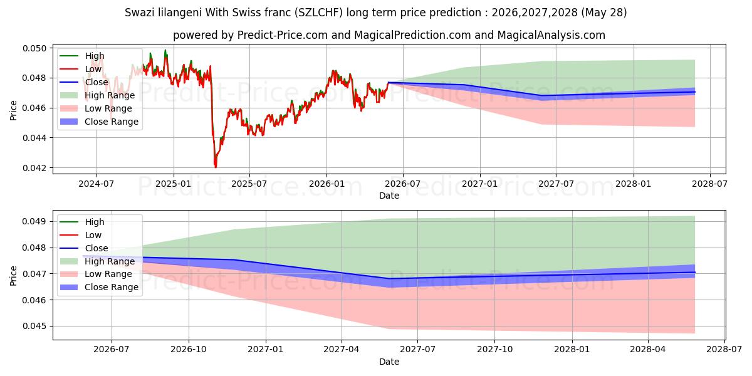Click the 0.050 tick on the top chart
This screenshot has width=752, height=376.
pyautogui.click(x=34, y=48)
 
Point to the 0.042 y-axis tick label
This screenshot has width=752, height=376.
pyautogui.click(x=34, y=168)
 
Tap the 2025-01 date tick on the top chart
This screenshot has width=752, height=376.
pyautogui.click(x=173, y=184)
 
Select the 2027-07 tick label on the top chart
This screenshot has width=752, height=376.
pyautogui.click(x=556, y=184)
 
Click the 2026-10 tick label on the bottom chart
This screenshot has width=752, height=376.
pyautogui.click(x=189, y=349)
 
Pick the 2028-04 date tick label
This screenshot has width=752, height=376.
pyautogui.click(x=647, y=349)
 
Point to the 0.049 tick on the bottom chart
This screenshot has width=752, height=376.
pyautogui.click(x=34, y=222)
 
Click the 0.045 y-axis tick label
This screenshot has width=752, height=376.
pyautogui.click(x=34, y=326)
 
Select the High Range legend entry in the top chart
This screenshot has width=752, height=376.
pyautogui.click(x=97, y=95)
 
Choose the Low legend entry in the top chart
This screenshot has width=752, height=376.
pyautogui.click(x=81, y=69)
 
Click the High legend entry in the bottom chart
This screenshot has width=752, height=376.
pyautogui.click(x=82, y=222)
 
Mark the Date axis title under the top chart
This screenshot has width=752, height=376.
pyautogui.click(x=389, y=196)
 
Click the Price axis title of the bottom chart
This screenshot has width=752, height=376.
pyautogui.click(x=13, y=276)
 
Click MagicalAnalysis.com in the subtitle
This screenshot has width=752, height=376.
pyautogui.click(x=551, y=35)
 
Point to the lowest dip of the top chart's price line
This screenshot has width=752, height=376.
pyautogui.click(x=216, y=167)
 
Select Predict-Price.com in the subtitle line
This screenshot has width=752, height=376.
pyautogui.click(x=283, y=35)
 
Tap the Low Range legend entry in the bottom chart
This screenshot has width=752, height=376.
pyautogui.click(x=96, y=274)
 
